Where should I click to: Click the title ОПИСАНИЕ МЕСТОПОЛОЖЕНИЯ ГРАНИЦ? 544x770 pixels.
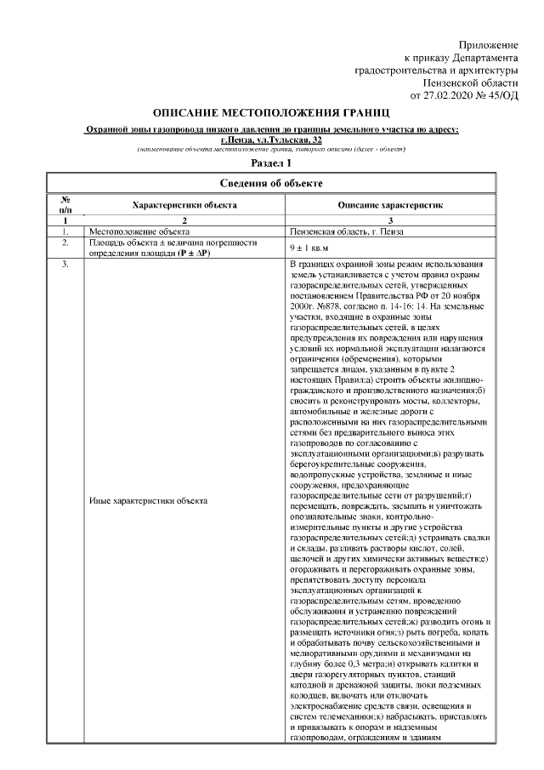click(x=271, y=113)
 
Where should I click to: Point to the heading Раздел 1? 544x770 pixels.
click(x=271, y=163)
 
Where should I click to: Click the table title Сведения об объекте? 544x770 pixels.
click(x=271, y=182)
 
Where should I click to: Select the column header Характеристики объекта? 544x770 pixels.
click(x=184, y=205)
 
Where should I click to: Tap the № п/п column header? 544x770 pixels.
click(x=65, y=205)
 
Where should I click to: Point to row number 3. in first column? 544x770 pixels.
click(x=65, y=265)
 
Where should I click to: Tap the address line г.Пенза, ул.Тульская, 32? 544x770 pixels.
click(x=271, y=139)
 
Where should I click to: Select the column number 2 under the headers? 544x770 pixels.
click(x=184, y=220)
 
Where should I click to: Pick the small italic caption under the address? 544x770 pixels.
click(x=271, y=149)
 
